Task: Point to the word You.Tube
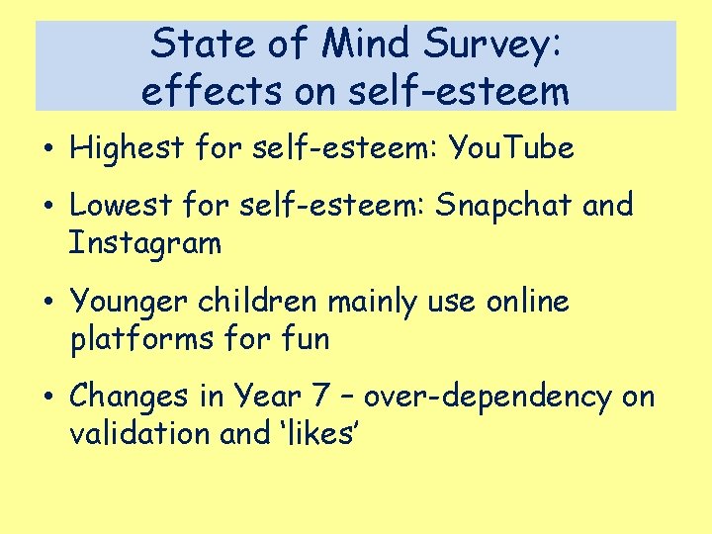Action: (x=511, y=149)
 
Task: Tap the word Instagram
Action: (x=145, y=243)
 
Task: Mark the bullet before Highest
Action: (x=48, y=150)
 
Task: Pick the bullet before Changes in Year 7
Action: (x=48, y=398)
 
